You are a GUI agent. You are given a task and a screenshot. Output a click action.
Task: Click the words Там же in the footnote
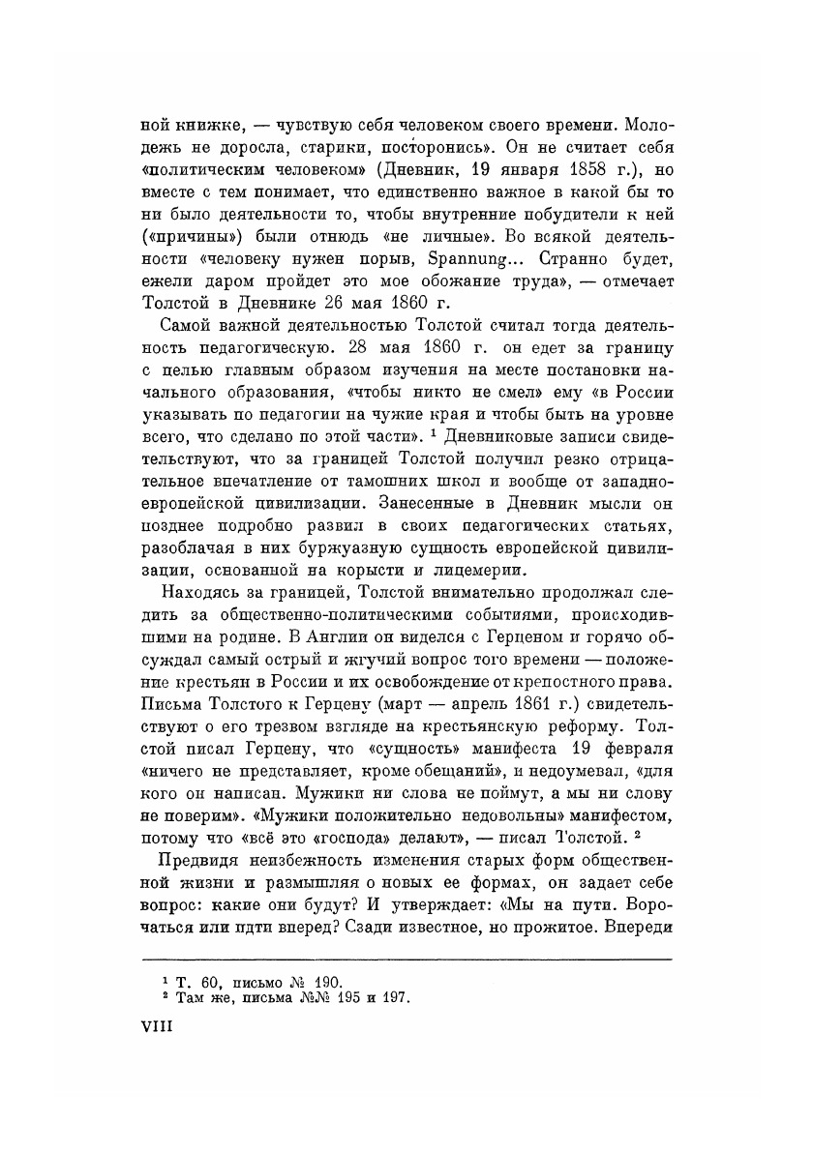pos(201,997)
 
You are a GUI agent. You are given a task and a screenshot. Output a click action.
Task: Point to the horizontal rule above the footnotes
pos(406,960)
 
